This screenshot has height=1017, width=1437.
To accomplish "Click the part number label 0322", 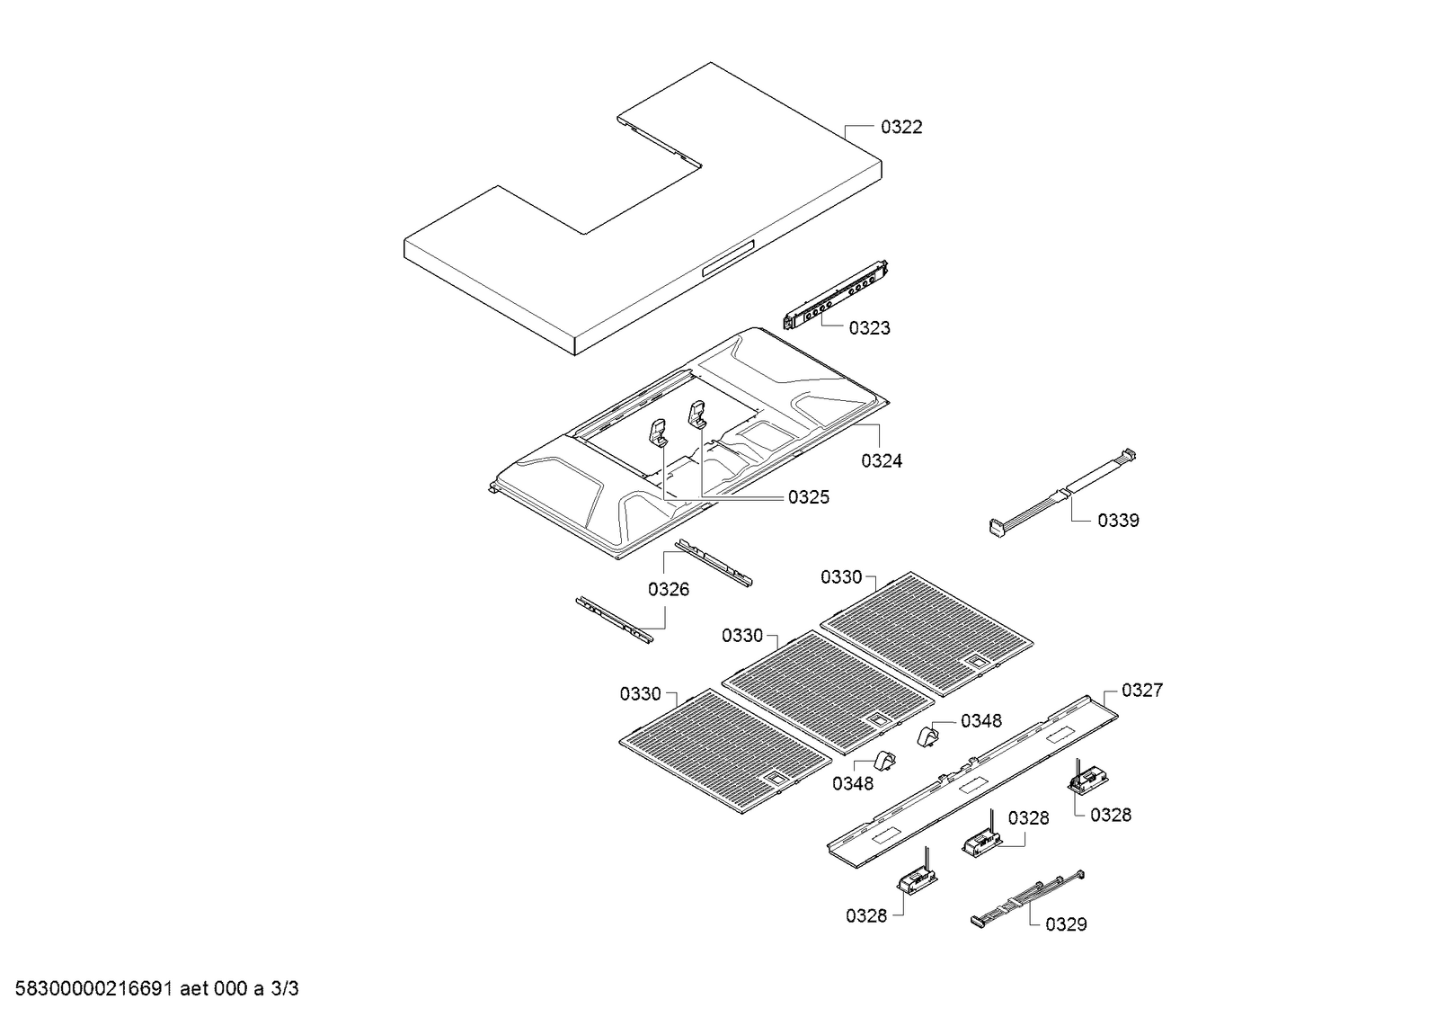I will (900, 128).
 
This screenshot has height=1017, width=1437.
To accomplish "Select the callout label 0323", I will (869, 328).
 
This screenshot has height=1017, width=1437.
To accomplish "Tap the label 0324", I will (881, 461).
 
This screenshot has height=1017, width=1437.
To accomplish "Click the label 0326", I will (669, 590).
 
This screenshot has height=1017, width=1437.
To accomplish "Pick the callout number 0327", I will (1141, 691).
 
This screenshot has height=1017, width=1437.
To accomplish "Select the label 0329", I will (1066, 924).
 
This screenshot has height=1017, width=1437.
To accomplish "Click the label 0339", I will (1118, 521).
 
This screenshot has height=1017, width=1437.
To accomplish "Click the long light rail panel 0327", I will (971, 782).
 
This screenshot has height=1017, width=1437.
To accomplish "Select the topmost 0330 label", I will (841, 577).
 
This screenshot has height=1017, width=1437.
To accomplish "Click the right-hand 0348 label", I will (980, 721).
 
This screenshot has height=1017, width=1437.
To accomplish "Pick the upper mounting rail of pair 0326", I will (714, 563).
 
